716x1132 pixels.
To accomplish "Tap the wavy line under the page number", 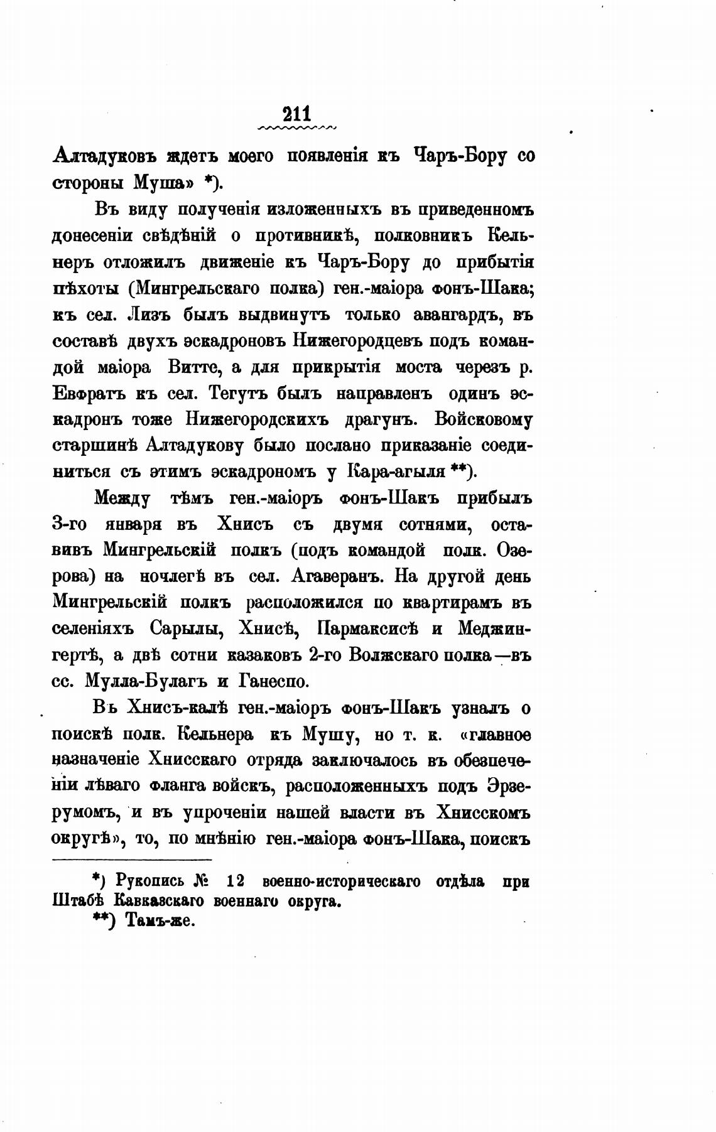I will (x=296, y=128).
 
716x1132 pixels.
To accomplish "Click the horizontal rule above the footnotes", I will (x=133, y=860).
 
